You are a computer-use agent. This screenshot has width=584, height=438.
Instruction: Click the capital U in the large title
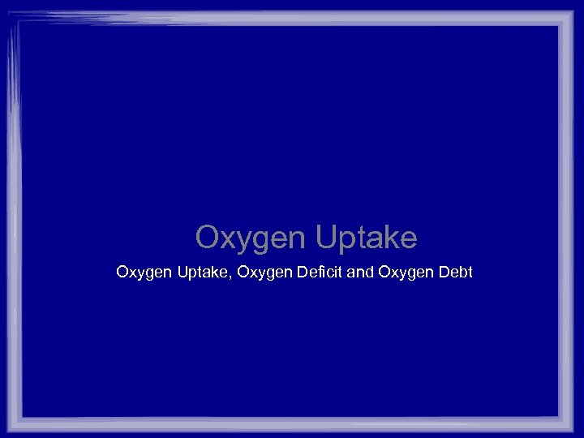click(324, 238)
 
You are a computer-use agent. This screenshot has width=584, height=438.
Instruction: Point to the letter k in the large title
click(388, 238)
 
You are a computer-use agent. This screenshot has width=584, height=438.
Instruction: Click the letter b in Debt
click(460, 272)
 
